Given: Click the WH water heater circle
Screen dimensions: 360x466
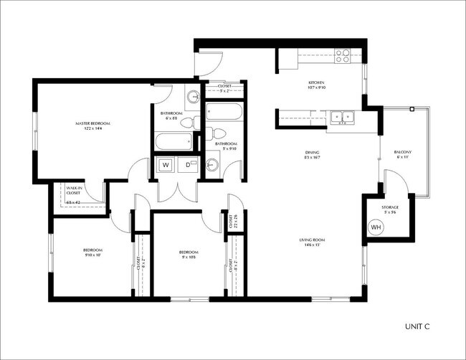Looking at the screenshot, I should [x=376, y=227].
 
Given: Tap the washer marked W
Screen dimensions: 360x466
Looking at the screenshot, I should [x=165, y=166].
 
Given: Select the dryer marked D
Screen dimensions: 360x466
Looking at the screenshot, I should [x=189, y=166].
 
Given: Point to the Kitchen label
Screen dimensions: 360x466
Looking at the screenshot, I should [x=317, y=83].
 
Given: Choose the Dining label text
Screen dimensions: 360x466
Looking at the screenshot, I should [x=312, y=152].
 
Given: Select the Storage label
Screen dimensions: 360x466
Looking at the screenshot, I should [x=390, y=207].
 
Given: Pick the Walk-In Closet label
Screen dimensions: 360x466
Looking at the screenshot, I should [x=73, y=191].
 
